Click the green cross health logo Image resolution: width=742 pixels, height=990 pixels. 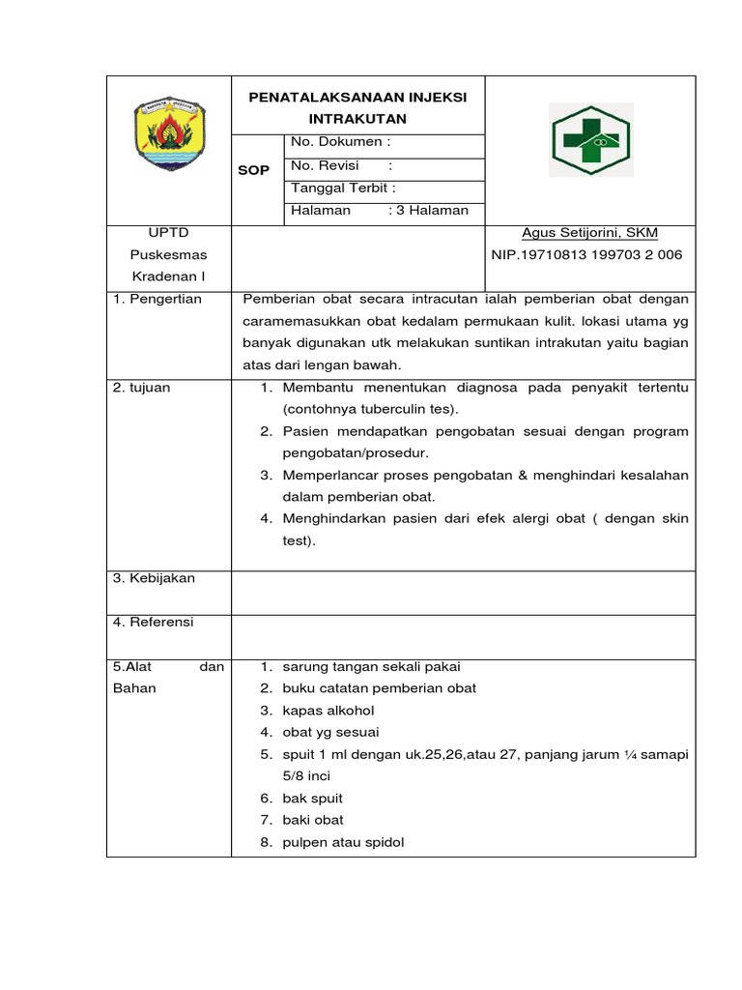(590, 140)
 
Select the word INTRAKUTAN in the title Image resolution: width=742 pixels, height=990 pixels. (357, 119)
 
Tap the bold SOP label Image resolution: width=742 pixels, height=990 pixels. (254, 170)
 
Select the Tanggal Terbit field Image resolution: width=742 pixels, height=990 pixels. (343, 188)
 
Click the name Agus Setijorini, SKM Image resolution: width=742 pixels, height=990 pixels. (589, 233)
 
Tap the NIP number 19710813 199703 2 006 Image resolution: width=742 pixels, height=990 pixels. (587, 255)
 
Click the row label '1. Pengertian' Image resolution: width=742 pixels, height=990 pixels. (157, 299)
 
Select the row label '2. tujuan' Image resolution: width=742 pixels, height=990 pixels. (142, 388)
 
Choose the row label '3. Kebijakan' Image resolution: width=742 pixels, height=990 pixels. (155, 578)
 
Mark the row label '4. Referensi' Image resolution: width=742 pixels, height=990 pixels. (154, 623)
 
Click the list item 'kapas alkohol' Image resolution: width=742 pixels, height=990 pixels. (328, 711)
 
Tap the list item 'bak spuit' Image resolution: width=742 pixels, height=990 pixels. (312, 799)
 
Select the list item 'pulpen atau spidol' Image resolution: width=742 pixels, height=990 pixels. (343, 842)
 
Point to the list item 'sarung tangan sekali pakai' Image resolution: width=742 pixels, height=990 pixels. (371, 667)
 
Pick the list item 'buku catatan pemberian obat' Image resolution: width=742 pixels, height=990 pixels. (379, 688)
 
